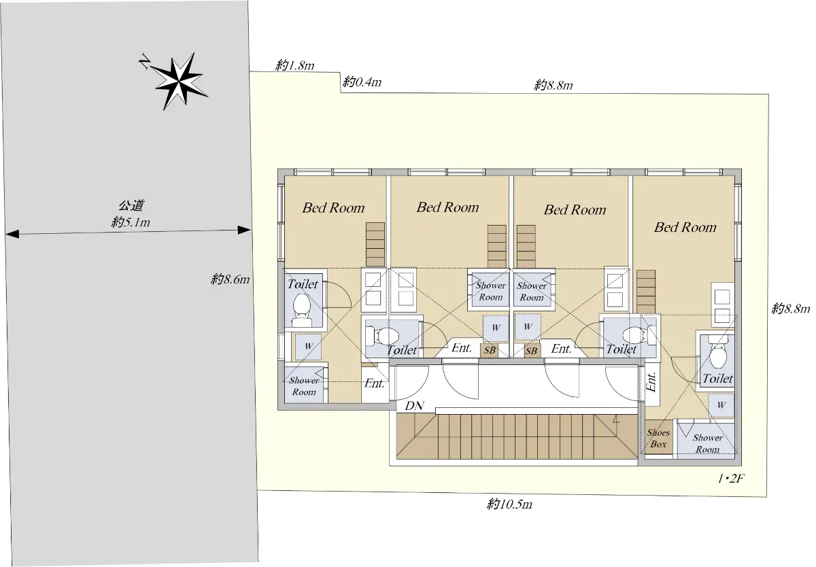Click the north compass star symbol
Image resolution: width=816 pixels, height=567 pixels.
179,82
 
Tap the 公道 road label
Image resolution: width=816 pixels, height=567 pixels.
131,206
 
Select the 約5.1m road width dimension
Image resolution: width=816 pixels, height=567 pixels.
131,222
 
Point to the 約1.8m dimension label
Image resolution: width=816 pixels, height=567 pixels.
294,65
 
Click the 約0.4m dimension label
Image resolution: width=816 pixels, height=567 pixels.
362,82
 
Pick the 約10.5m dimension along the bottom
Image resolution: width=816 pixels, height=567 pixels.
509,504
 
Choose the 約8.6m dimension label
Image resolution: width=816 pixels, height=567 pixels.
231,279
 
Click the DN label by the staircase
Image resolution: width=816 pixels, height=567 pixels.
414,406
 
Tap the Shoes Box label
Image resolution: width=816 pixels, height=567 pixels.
658,438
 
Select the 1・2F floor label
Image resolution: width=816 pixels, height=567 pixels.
730,479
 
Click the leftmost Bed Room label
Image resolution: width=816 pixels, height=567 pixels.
333,208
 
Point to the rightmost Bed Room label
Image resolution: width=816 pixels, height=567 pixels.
685,227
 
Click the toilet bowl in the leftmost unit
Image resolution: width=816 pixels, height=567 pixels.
301,309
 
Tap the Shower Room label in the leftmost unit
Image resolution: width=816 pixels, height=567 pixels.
304,386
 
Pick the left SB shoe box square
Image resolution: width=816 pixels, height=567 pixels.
489,350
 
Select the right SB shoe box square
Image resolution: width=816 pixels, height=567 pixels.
532,351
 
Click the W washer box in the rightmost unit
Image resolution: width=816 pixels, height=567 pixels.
721,405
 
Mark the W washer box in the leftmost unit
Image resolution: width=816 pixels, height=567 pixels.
308,346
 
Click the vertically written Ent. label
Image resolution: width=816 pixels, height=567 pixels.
651,382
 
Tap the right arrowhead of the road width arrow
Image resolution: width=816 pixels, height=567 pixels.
244,230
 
